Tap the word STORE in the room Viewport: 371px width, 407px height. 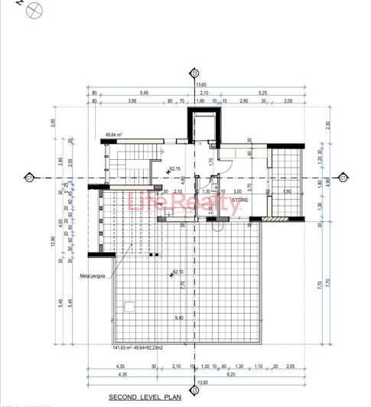[239, 200]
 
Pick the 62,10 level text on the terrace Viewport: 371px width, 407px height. [178, 272]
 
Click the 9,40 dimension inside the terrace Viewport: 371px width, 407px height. [179, 317]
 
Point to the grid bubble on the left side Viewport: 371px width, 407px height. [28, 178]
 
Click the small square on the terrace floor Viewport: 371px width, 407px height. [129, 308]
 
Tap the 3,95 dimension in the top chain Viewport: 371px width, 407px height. [132, 100]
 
